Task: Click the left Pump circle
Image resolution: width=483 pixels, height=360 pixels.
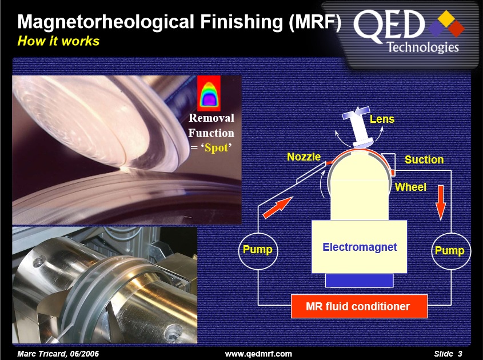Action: tap(258, 250)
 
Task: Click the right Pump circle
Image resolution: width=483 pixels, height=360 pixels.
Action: tap(449, 250)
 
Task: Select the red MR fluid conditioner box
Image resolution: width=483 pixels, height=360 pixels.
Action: tap(358, 307)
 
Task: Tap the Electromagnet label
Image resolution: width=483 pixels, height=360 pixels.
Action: tap(360, 247)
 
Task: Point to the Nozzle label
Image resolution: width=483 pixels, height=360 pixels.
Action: tap(304, 157)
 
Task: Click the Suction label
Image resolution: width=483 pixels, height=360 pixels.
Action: tap(424, 160)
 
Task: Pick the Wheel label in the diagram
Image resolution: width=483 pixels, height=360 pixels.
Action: tap(410, 187)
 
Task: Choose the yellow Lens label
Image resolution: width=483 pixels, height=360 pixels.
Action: tap(382, 119)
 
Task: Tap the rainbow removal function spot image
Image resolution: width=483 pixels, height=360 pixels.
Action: tap(208, 93)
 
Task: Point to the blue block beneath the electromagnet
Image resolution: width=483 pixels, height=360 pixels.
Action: tap(359, 281)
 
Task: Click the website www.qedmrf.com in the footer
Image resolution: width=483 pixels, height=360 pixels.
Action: tap(258, 354)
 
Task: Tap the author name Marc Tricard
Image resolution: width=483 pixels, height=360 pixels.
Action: tap(55, 354)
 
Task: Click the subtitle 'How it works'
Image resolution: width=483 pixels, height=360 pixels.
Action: tap(58, 41)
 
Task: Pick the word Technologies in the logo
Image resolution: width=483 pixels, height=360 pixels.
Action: tap(423, 47)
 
